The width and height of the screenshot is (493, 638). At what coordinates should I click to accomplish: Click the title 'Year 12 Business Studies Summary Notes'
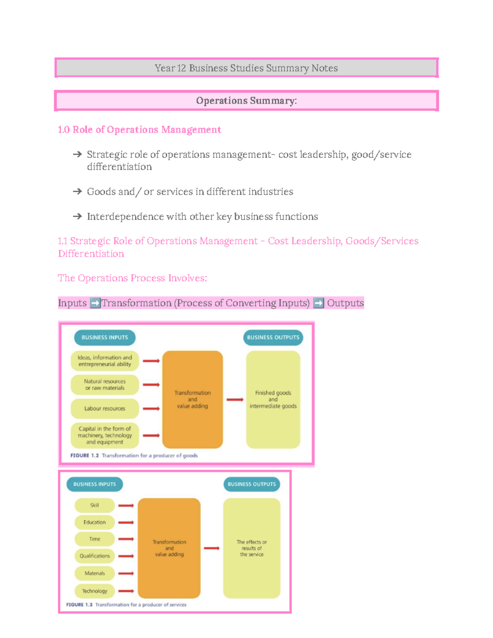[246, 68]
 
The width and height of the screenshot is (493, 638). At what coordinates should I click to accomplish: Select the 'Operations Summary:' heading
[246, 101]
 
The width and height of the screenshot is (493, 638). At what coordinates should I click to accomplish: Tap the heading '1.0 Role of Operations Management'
[139, 130]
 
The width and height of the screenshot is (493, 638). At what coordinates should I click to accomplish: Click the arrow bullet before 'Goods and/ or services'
[77, 191]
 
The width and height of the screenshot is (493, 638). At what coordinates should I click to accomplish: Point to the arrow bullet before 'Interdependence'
[77, 217]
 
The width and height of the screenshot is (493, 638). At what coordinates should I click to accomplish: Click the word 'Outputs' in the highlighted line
[345, 303]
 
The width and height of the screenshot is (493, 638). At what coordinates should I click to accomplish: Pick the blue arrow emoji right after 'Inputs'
[95, 303]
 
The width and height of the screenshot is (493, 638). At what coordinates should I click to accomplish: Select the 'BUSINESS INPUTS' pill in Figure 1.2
[105, 337]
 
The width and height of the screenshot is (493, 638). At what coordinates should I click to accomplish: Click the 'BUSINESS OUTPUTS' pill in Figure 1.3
[251, 484]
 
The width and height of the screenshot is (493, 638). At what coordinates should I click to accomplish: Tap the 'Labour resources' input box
[105, 408]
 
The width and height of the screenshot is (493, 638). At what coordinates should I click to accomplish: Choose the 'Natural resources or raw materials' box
[105, 385]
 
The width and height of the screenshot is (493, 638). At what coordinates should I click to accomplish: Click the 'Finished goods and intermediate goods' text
[273, 399]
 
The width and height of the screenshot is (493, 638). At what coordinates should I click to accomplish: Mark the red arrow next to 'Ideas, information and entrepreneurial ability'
[151, 361]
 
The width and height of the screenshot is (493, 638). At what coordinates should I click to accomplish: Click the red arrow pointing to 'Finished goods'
[235, 399]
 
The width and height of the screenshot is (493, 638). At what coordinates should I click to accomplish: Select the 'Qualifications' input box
[94, 556]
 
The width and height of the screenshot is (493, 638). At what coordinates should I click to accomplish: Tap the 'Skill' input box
[94, 505]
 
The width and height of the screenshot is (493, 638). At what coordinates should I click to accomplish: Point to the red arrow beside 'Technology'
[126, 591]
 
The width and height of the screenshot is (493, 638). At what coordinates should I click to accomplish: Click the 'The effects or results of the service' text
[251, 548]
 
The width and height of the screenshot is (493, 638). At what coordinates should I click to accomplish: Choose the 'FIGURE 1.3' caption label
[79, 605]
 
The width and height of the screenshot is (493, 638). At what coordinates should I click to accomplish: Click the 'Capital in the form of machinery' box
[105, 435]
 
